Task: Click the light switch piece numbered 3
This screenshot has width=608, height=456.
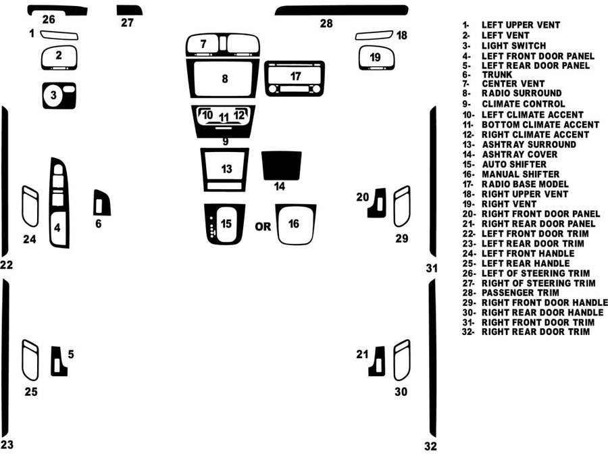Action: click(x=59, y=96)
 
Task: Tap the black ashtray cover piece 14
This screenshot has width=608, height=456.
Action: click(x=281, y=165)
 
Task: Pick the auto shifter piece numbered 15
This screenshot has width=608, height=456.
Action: click(x=226, y=224)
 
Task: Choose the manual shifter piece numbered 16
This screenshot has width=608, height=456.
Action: click(x=295, y=224)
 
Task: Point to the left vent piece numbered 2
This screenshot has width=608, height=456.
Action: click(x=59, y=57)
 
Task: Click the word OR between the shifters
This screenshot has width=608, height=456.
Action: click(x=263, y=226)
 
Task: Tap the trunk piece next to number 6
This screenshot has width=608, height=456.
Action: click(x=101, y=203)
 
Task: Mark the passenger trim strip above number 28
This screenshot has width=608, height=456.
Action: click(x=341, y=10)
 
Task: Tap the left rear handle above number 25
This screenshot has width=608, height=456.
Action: click(x=30, y=360)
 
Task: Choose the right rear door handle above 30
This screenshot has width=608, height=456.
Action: click(x=401, y=360)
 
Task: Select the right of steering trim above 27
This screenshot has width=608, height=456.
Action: click(x=129, y=9)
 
